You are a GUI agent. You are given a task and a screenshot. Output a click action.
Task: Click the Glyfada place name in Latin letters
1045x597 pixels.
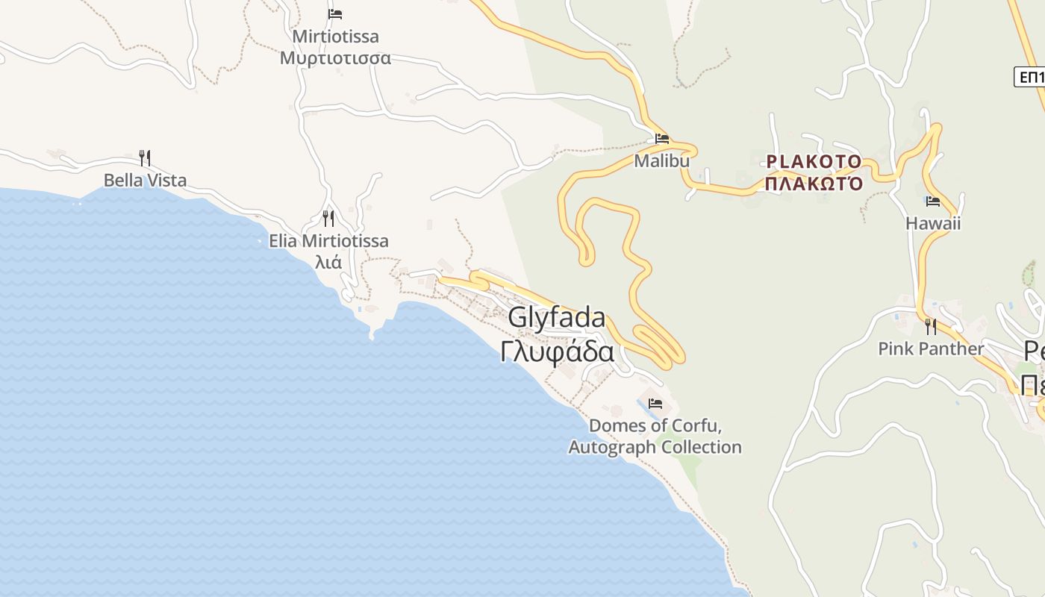(x=557, y=317)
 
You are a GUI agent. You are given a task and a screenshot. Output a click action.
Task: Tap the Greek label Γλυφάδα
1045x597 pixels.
(x=557, y=351)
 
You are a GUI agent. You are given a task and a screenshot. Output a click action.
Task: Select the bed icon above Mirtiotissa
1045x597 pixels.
(x=335, y=14)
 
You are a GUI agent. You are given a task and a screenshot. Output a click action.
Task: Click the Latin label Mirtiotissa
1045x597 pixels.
(x=335, y=37)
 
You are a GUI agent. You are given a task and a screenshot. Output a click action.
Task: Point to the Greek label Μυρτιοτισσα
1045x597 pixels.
(x=335, y=57)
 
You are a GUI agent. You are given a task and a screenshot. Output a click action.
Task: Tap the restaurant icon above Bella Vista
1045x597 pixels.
(x=145, y=157)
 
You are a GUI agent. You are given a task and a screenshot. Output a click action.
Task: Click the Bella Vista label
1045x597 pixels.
(x=145, y=180)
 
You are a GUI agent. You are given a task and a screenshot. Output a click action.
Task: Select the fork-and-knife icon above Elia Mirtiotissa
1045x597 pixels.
(x=328, y=218)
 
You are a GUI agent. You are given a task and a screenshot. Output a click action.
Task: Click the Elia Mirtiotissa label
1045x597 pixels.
(x=328, y=241)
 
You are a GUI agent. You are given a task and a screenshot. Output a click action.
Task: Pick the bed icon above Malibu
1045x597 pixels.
(x=661, y=138)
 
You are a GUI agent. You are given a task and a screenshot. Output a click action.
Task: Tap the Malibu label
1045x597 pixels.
(x=661, y=160)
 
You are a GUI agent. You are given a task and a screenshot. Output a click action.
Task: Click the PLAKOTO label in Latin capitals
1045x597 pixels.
(x=814, y=162)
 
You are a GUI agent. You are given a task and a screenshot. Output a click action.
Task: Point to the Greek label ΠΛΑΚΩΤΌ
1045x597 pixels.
(x=814, y=183)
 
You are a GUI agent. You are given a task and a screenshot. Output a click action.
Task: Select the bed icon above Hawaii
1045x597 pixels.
(x=932, y=201)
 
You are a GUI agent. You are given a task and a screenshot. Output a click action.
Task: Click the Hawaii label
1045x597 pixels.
(x=932, y=223)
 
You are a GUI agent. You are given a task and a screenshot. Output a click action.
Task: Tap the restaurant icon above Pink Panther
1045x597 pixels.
(x=931, y=326)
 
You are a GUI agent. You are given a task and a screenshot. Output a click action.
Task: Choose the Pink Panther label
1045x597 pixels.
(x=931, y=348)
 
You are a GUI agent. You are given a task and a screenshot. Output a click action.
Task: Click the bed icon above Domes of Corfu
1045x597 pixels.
(x=655, y=404)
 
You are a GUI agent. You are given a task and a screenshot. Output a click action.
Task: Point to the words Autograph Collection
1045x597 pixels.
(x=655, y=447)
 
